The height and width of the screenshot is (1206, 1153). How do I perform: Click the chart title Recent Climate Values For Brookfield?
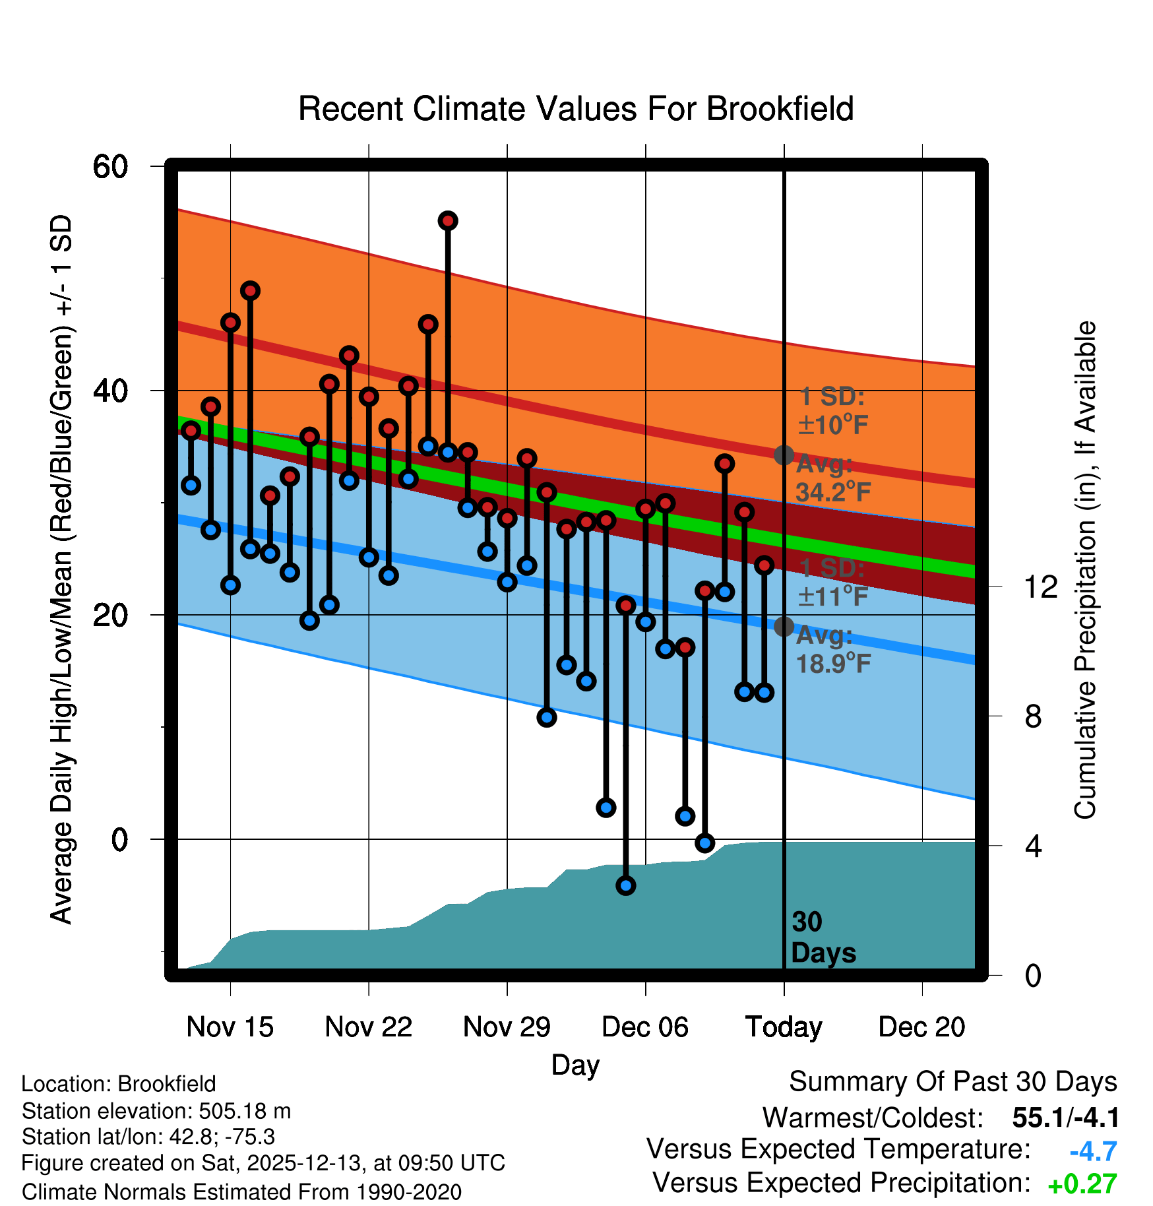(x=576, y=109)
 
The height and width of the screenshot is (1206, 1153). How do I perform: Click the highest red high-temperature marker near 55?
(x=448, y=221)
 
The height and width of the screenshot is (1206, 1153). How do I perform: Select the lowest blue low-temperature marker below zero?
(x=625, y=885)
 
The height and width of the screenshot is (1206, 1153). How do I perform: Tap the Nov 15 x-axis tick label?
(x=230, y=1027)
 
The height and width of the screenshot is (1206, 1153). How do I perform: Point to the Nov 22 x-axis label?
(x=368, y=1027)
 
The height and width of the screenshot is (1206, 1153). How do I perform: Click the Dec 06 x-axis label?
(x=645, y=1027)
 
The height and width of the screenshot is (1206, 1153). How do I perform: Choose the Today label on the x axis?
(x=784, y=1027)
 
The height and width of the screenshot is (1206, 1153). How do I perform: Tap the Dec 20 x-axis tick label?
(x=921, y=1027)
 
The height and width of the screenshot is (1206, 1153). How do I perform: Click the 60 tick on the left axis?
(x=110, y=166)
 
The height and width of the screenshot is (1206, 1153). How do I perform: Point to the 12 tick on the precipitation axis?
(x=1040, y=587)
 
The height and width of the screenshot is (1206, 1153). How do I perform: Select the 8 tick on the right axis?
(x=1033, y=716)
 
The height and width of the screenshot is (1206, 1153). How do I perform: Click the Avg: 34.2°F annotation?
(x=833, y=478)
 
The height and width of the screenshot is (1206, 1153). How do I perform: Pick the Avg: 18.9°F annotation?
(x=833, y=650)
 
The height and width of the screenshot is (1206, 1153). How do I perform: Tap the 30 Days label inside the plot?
(x=823, y=937)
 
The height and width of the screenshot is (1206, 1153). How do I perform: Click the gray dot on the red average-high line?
(x=784, y=455)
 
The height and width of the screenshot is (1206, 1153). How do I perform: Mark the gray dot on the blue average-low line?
(x=784, y=626)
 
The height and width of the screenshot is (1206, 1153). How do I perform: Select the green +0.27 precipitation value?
(x=1082, y=1184)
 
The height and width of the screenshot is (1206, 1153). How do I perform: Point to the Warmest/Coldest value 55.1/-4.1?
(x=1065, y=1118)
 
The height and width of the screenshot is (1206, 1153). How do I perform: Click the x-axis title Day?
(x=575, y=1065)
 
